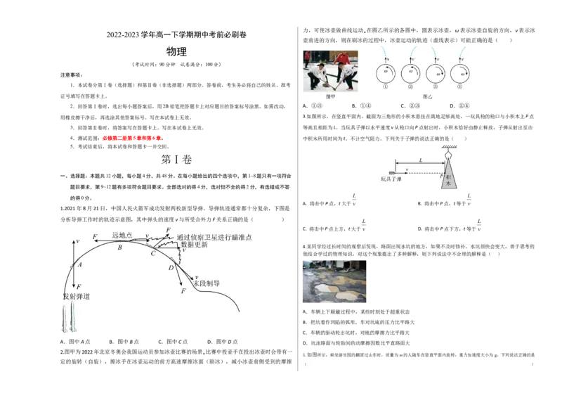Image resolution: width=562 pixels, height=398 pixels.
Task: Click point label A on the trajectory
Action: click(x=80, y=264)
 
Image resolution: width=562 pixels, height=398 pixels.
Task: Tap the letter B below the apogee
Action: click(x=119, y=248)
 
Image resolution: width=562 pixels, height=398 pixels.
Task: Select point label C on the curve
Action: click(x=152, y=253)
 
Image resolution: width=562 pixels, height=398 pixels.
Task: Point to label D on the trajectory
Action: click(x=170, y=268)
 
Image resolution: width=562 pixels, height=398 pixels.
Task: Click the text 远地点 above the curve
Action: click(x=122, y=236)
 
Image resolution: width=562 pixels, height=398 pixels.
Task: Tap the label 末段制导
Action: click(x=207, y=283)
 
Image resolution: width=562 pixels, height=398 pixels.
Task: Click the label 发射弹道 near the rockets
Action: click(x=76, y=297)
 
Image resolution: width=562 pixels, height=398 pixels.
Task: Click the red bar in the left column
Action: click(x=133, y=139)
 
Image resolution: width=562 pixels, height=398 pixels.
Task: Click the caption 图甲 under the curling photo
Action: click(x=331, y=96)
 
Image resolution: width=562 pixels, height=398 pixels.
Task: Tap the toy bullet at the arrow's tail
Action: click(x=391, y=172)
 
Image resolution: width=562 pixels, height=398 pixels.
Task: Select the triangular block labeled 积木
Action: click(x=450, y=176)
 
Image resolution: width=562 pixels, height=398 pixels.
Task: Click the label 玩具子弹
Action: click(x=391, y=179)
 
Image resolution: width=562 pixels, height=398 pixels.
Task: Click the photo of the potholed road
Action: click(x=335, y=281)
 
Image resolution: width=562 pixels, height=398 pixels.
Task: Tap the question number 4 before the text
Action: click(x=303, y=246)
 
